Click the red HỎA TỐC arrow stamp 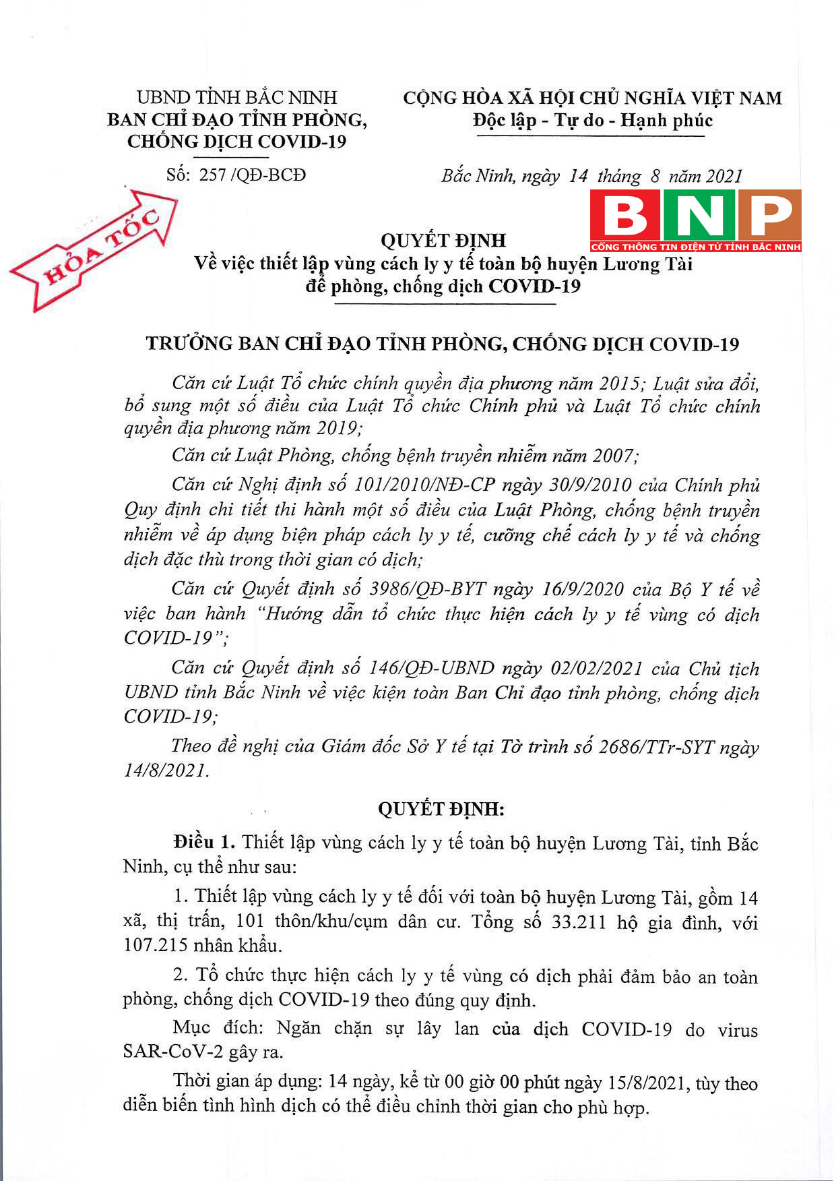click(94, 249)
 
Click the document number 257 click(212, 175)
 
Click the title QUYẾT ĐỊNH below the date click(443, 241)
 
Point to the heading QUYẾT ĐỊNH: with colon click(441, 809)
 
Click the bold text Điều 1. click(203, 843)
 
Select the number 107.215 click(156, 945)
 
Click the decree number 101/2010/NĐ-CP click(424, 485)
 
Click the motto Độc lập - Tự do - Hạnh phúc click(593, 121)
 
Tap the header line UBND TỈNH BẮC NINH click(236, 98)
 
